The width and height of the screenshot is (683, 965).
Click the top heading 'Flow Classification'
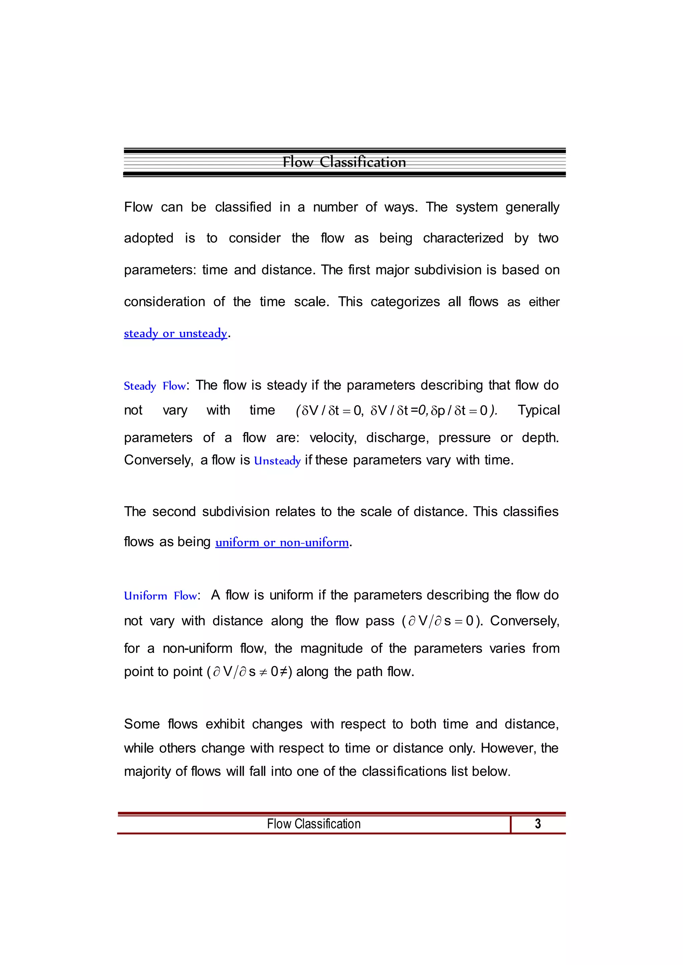(344, 162)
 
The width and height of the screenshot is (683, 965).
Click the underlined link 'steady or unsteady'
(175, 333)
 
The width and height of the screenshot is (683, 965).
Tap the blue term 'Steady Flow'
(154, 386)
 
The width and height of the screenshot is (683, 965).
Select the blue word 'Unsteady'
(277, 461)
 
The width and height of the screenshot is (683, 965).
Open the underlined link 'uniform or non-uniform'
(282, 542)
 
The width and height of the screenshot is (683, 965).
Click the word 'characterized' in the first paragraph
(463, 238)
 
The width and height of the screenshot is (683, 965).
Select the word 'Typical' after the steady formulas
(538, 410)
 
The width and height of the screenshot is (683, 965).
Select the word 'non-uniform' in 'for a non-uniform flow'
(197, 648)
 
